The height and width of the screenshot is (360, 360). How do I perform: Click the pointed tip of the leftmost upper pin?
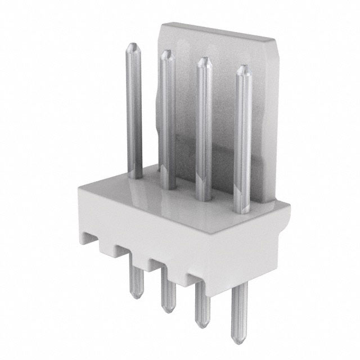click(x=133, y=44)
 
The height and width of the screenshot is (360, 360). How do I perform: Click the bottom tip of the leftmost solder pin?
click(x=135, y=296)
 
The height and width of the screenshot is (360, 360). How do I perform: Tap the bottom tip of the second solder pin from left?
click(x=167, y=310)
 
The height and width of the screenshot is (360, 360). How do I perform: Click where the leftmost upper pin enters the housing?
click(x=135, y=176)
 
